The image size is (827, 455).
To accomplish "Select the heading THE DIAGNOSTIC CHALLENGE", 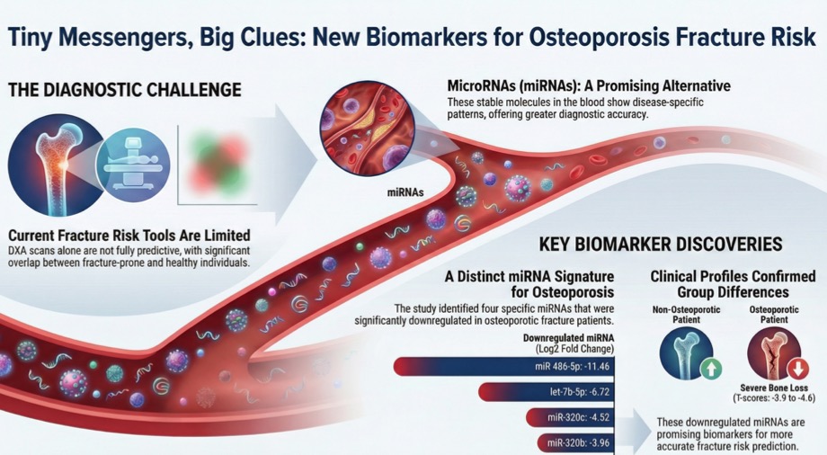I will (123, 90).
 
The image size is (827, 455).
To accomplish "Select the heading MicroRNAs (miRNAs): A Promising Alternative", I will (589, 86).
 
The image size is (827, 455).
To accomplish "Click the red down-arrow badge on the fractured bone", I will (796, 369).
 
